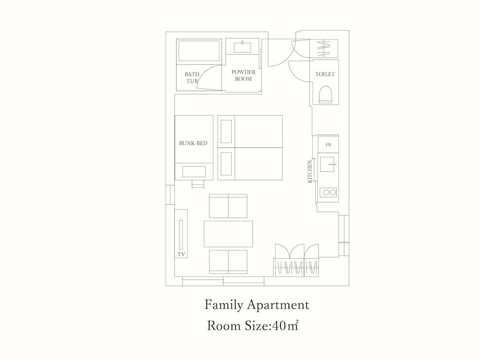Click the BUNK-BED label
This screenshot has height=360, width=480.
coord(193,143)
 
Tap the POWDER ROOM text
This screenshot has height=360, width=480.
coord(243,75)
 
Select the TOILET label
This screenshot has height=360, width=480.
coord(325,74)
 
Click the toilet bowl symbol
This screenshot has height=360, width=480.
coord(325,94)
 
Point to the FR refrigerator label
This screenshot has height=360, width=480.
coord(328,145)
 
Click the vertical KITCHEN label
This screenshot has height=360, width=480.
coord(310,171)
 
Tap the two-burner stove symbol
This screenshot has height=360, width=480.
coord(328,192)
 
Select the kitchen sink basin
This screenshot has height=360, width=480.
coord(327,164)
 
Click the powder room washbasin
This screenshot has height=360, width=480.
coord(242,48)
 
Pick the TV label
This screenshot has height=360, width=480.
coord(181,254)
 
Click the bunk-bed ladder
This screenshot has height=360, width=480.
coord(198,184)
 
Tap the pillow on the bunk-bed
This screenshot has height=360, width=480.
coord(194,172)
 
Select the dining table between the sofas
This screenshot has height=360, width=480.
coord(228,234)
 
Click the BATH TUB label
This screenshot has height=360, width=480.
coord(192,77)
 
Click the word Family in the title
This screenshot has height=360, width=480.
coord(223,305)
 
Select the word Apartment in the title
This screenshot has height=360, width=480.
coord(278,305)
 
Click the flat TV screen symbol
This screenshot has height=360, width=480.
coord(181,235)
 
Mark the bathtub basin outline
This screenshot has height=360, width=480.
coord(199,51)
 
